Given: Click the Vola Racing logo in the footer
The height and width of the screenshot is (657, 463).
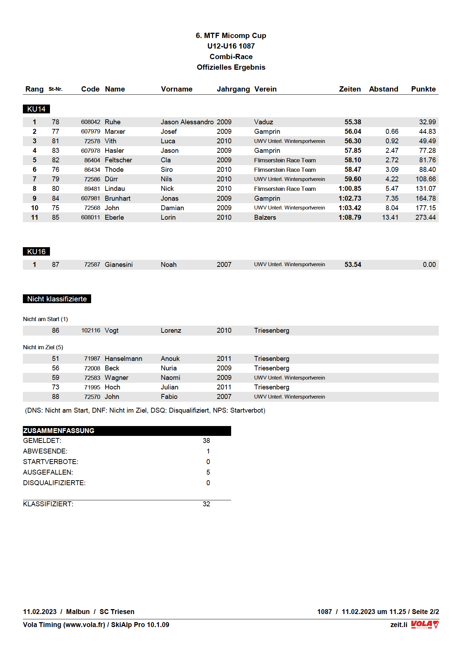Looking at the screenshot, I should point(425,625).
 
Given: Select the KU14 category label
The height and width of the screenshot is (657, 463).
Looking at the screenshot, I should point(36,109).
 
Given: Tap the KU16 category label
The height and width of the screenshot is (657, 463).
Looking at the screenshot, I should point(36,252).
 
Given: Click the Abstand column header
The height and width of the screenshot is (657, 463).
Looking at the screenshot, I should point(383,89).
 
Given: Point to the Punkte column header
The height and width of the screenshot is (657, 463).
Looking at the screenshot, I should point(423,89).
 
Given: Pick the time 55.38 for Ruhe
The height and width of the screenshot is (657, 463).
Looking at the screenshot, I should point(353,122).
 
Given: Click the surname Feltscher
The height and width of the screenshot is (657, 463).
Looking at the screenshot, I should point(118,160).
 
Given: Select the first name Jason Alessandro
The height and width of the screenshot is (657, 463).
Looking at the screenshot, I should point(187,122).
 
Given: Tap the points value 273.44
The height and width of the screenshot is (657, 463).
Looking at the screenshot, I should point(425,218).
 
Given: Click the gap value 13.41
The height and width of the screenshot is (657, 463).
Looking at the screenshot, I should point(390,218).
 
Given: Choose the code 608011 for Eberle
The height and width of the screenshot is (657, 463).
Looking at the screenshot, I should point(90,218).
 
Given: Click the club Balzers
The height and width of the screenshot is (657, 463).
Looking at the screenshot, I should point(265,218).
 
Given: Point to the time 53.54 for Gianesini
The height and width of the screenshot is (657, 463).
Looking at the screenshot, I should point(353,264).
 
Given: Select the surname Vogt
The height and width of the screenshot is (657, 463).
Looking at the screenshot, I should point(112,331).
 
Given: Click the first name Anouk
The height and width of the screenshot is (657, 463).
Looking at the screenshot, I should point(170,359).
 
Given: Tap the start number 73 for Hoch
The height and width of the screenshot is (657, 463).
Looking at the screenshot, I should point(56,387).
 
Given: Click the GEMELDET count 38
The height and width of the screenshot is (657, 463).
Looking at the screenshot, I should point(206,441).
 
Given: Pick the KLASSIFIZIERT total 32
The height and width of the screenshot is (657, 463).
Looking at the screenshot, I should point(206,504).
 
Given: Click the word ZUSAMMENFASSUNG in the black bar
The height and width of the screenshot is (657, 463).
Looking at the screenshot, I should point(59,431).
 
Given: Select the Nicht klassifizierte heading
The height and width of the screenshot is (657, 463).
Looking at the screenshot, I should point(57,299).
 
